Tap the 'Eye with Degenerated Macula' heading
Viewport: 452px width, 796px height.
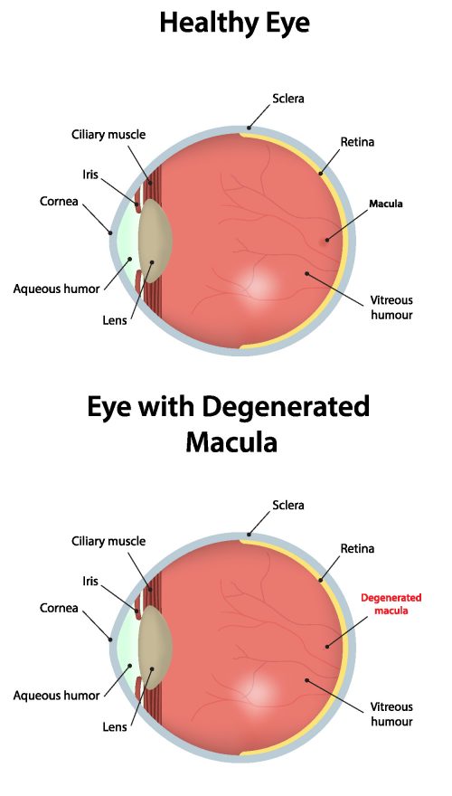[x=228, y=423]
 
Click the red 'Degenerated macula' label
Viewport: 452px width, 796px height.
[x=391, y=603]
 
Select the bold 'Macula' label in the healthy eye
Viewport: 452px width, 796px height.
[x=385, y=204]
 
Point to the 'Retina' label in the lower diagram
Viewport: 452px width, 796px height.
[x=357, y=548]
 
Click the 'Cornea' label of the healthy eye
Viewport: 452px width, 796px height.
[x=57, y=200]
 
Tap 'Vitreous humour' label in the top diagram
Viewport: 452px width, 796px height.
[x=391, y=308]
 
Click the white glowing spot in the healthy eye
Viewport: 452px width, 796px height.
[x=260, y=284]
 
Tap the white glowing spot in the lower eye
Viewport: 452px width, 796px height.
[x=260, y=690]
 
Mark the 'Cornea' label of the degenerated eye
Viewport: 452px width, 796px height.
[x=57, y=607]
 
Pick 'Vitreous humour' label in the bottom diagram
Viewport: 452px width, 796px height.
[x=391, y=714]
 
